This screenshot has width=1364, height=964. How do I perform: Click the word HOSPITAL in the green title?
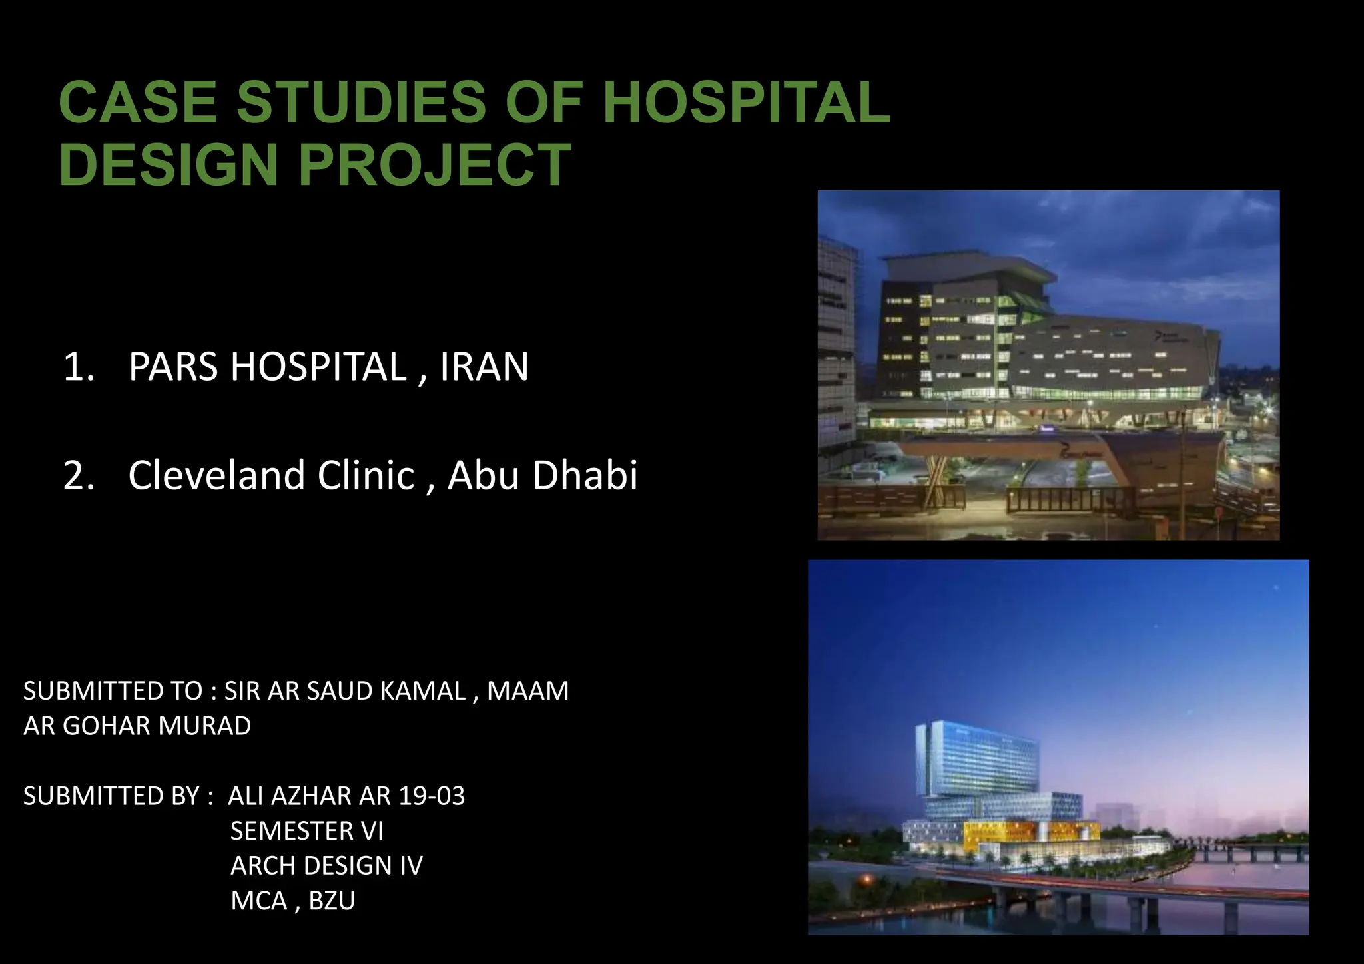[x=746, y=102]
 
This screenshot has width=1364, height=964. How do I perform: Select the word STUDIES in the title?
[x=361, y=102]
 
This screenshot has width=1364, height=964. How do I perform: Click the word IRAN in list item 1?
[x=484, y=367]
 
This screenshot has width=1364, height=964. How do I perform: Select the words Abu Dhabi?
[x=542, y=476]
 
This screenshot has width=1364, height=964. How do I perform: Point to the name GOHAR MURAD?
[x=157, y=726]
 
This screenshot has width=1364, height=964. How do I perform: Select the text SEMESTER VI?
[x=306, y=831]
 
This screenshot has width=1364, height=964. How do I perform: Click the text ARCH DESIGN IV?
[x=326, y=865]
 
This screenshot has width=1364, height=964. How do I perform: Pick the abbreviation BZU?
[x=332, y=901]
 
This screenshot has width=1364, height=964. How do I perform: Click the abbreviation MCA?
[x=259, y=901]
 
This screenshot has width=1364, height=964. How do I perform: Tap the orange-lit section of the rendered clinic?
[x=999, y=832]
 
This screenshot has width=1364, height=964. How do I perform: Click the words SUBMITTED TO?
[x=113, y=691]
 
